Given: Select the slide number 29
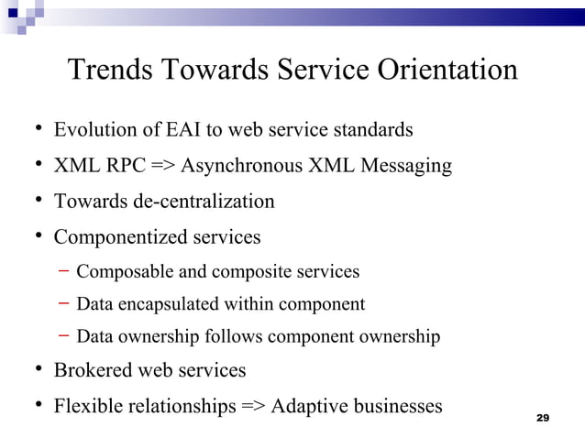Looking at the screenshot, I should (542, 418).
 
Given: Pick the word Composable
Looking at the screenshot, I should (122, 271).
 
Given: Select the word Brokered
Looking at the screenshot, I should (93, 370).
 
